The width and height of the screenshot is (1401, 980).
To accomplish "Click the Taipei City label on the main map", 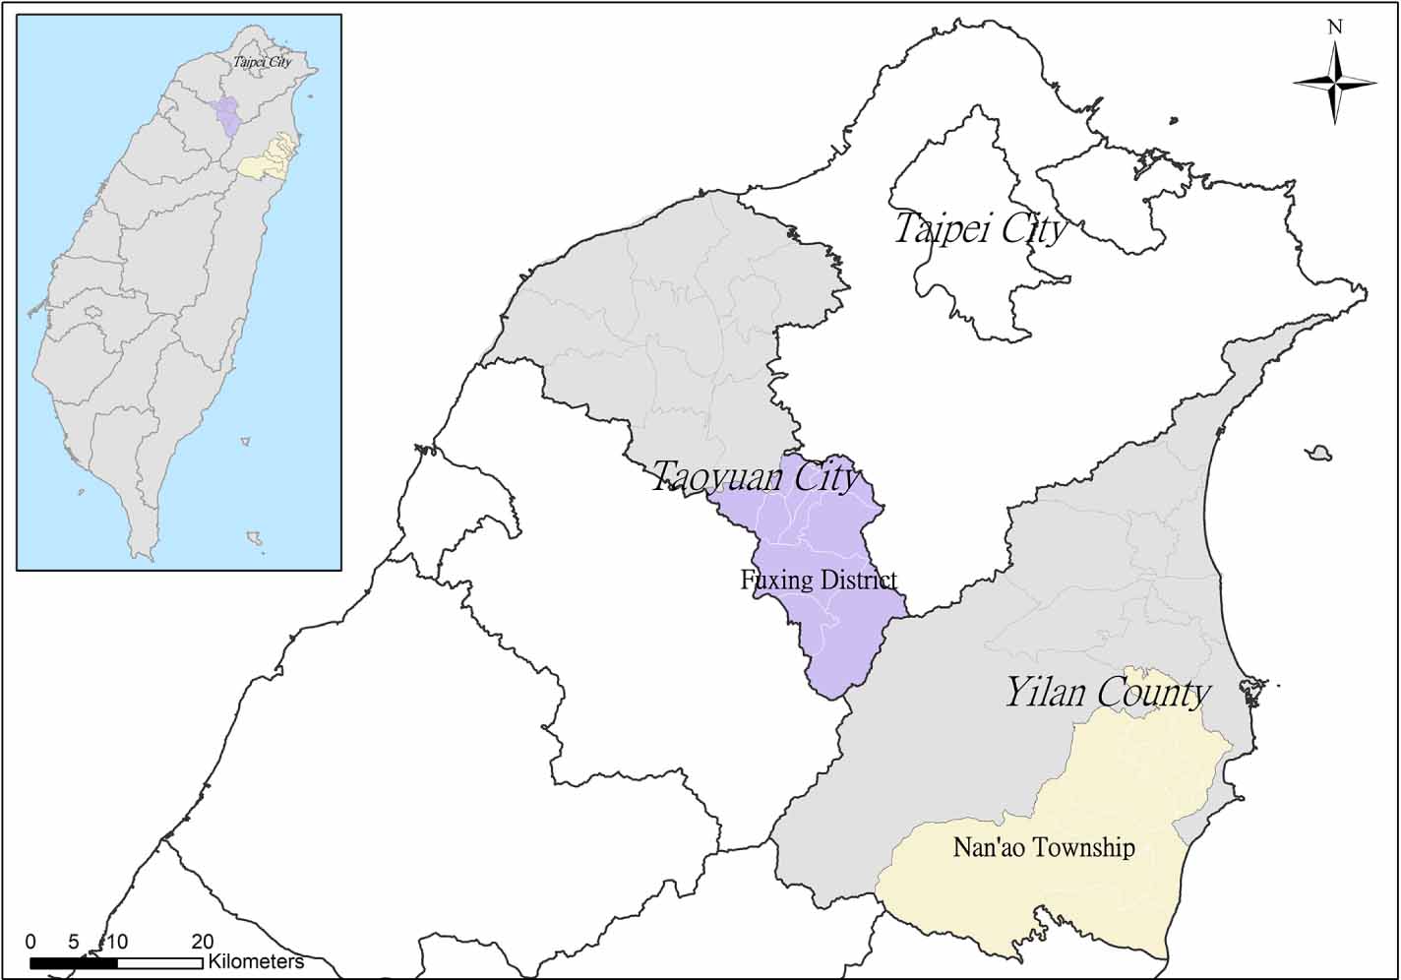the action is (x=980, y=229).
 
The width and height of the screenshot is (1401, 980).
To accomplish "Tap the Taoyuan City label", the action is (x=756, y=478).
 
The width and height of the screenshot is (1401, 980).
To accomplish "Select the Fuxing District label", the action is (x=819, y=580).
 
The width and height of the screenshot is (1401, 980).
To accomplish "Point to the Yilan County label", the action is (x=1106, y=692).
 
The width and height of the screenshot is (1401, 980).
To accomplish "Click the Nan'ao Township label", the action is (x=1044, y=847).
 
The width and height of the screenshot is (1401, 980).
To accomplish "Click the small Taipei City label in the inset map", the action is (x=263, y=62).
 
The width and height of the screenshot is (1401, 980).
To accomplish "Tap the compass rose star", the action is (x=1335, y=84).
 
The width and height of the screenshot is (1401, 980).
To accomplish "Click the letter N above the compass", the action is (x=1335, y=28).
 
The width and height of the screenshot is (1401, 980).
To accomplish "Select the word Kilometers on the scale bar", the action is (x=256, y=961).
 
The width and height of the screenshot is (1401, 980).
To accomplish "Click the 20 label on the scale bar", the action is (x=202, y=942).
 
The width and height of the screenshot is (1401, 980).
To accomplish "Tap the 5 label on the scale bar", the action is (x=74, y=942).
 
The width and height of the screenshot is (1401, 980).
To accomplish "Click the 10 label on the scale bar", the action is (x=116, y=942).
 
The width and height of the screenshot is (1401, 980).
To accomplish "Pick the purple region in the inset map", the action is (x=228, y=115).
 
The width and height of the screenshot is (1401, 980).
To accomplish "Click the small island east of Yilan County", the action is (x=1318, y=454).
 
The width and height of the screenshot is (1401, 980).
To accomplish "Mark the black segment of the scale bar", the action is (x=74, y=962).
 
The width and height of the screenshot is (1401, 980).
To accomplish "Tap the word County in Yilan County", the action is (x=1157, y=692).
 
